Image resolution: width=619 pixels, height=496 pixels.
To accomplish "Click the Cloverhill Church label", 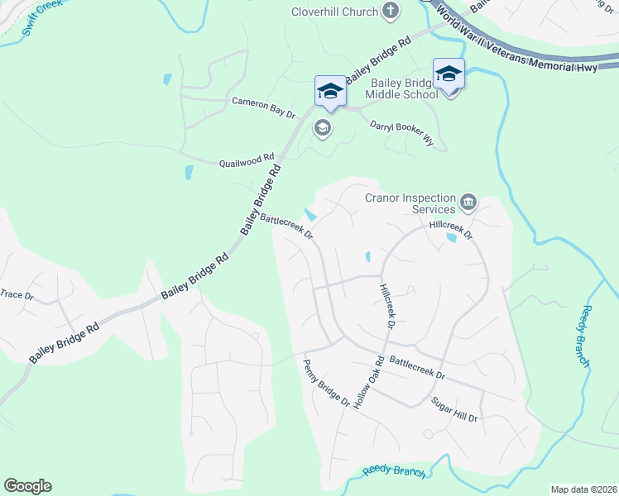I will click(334, 12).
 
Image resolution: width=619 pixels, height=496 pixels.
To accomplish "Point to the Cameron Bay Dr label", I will click(263, 107).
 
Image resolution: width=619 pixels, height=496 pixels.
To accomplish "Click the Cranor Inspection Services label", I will click(411, 203).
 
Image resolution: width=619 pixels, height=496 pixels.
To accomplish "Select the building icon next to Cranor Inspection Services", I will click(468, 201).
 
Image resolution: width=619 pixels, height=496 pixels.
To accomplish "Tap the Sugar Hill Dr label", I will click(454, 410).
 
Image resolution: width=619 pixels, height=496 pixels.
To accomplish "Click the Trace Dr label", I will click(17, 294).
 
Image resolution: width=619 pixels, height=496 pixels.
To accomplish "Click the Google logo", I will click(27, 486).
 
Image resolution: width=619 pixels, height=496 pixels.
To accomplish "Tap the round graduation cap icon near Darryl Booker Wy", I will click(322, 128).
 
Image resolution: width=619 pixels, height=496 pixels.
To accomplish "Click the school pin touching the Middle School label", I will click(449, 75).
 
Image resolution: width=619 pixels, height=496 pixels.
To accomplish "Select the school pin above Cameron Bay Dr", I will click(329, 91).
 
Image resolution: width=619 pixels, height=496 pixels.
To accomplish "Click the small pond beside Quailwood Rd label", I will click(189, 173).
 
